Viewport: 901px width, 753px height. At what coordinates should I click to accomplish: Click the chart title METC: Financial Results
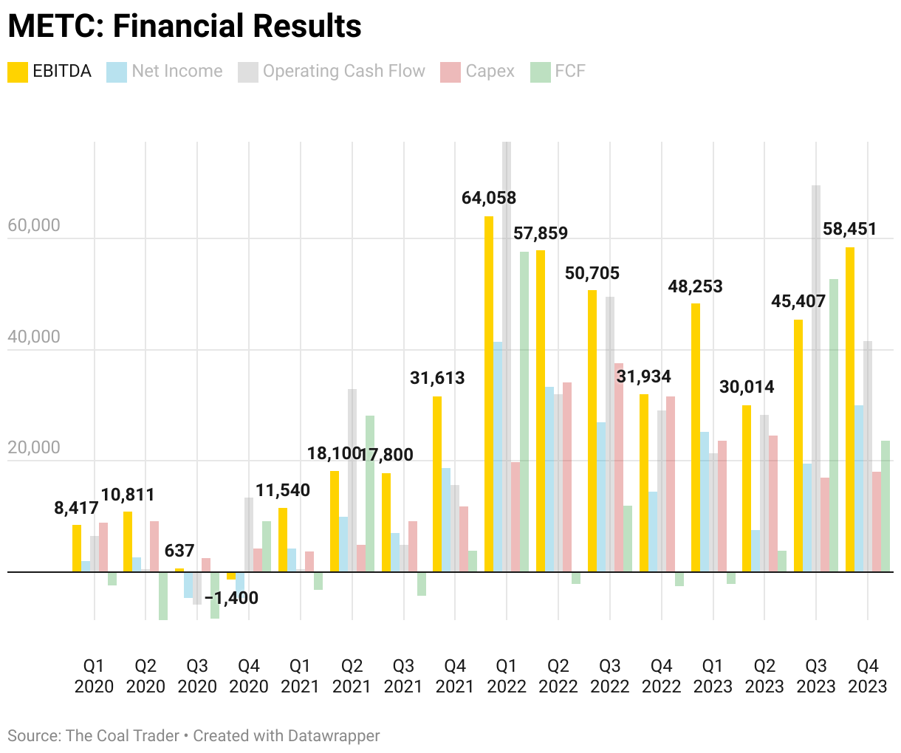coord(185,27)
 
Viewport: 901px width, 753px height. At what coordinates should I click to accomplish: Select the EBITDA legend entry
coord(49,72)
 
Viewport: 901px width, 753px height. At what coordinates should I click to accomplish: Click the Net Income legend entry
coord(165,72)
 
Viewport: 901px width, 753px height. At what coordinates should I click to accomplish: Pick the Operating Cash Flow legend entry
coord(332,72)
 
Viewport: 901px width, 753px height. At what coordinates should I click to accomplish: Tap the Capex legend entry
coord(477,72)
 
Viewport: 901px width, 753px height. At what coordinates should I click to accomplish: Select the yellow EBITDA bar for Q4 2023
coord(850,409)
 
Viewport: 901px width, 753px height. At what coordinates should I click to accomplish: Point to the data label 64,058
coord(489,198)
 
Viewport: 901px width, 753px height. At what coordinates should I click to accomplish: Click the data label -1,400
coord(232,598)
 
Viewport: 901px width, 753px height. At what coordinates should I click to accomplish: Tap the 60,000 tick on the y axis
coord(34,226)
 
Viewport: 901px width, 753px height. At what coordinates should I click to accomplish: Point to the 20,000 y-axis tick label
coord(34,448)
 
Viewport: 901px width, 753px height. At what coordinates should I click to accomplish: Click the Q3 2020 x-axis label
coord(197,676)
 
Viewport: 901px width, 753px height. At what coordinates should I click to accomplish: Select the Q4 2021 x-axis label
coord(455,676)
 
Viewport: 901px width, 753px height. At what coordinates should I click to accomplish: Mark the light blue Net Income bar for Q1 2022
coord(498,456)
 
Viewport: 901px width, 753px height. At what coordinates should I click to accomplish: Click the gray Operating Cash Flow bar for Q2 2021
coord(352,480)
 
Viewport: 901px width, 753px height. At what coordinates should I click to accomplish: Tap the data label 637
coord(179,551)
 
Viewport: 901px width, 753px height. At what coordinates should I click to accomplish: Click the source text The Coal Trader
coord(122,736)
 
